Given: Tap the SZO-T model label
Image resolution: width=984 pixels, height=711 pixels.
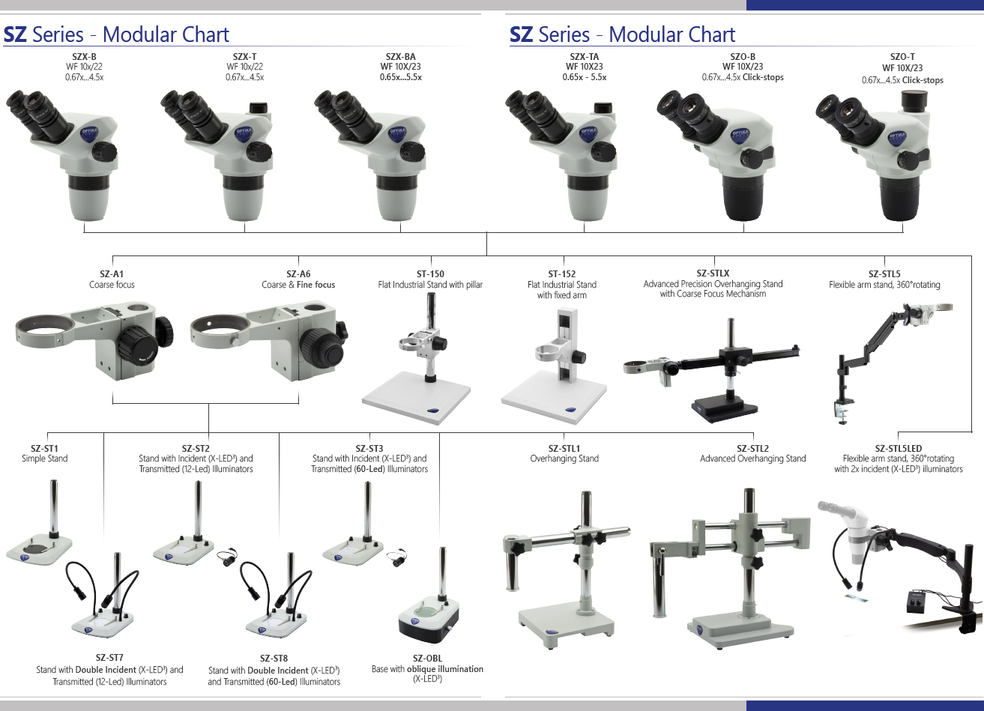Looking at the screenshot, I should (902, 57).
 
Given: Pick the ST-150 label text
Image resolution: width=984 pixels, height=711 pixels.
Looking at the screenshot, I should (430, 274).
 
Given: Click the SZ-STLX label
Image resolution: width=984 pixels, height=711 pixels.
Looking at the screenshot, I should (713, 273).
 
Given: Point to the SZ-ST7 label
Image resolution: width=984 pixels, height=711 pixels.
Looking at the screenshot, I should (109, 659).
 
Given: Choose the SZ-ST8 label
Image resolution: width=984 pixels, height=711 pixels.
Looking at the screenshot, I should (274, 659).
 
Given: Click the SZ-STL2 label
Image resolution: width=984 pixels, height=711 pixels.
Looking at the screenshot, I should (752, 449).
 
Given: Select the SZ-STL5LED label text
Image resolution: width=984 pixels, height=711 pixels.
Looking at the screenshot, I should (898, 449).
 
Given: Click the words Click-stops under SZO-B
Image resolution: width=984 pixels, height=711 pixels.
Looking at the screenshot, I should (763, 77).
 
